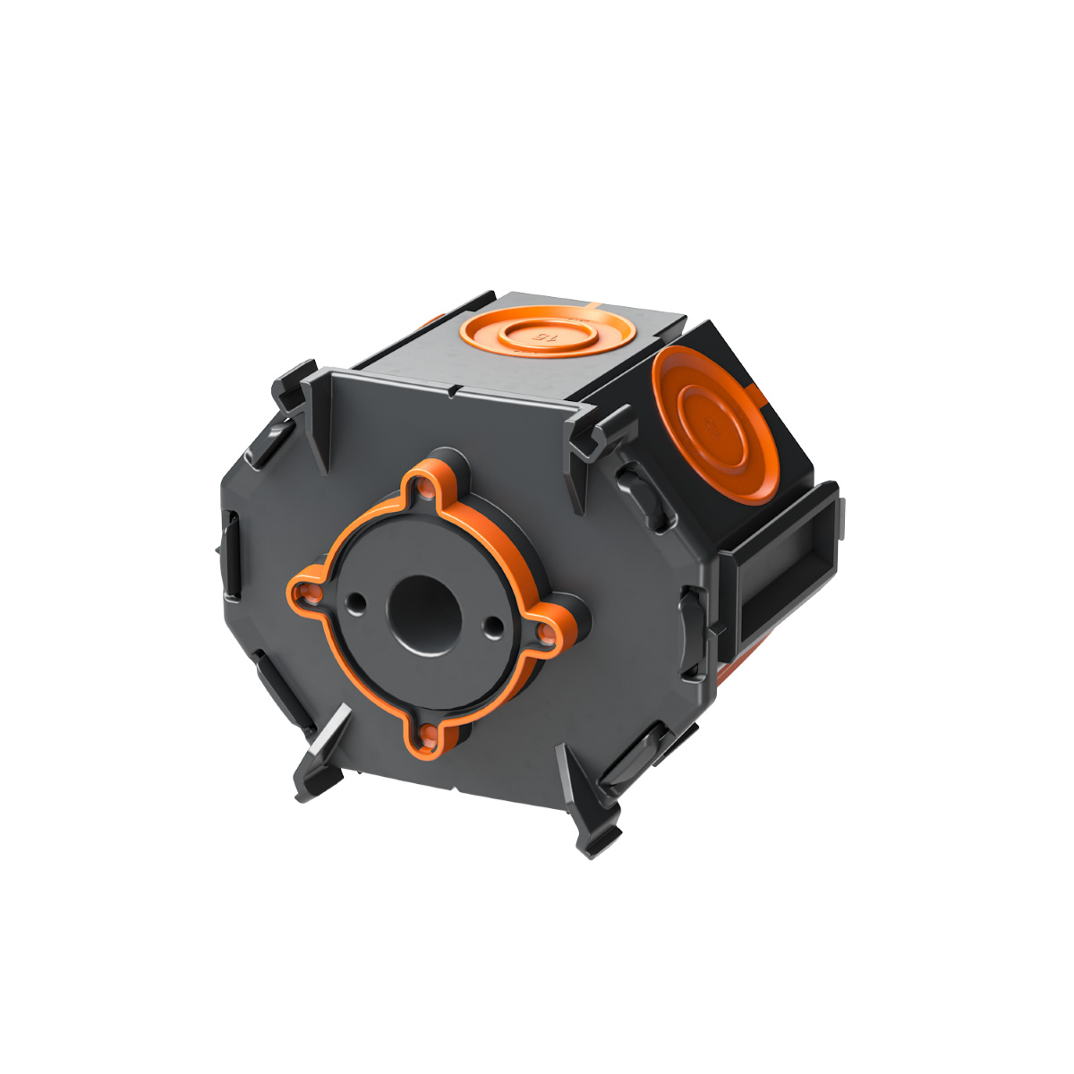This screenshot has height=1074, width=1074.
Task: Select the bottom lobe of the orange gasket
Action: click(427, 738)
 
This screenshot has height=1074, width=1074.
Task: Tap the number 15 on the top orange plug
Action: click(543, 337)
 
